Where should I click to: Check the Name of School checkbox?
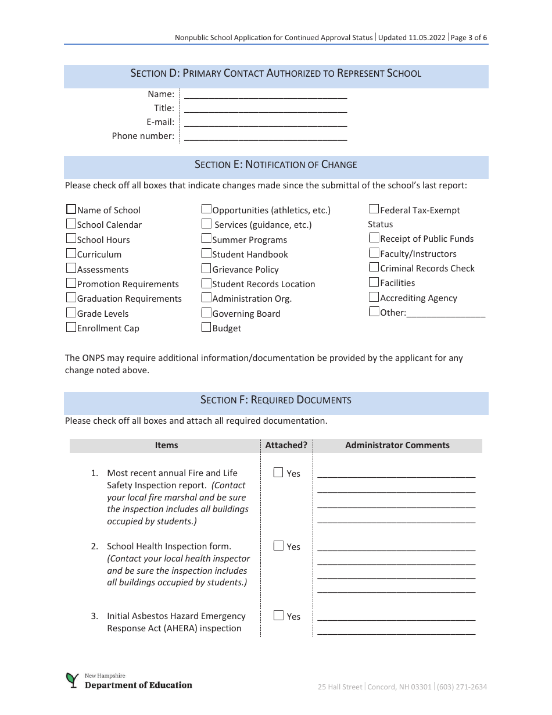tap(71, 209)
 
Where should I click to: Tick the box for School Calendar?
tap(71, 224)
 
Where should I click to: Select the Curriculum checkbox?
tap(71, 253)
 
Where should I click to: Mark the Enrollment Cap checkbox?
tap(71, 327)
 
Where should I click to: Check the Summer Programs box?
tap(206, 238)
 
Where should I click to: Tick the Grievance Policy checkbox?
tap(206, 269)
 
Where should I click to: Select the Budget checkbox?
tap(206, 327)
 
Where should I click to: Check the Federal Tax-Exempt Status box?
tap(374, 209)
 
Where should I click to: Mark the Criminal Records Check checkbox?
tap(374, 267)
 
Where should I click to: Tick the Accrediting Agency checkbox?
tap(374, 297)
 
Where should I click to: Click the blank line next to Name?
tap(265, 94)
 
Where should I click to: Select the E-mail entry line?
tap(265, 122)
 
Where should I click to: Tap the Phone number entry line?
tap(265, 136)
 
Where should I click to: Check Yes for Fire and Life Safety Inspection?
tap(278, 473)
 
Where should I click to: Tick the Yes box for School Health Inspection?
tap(278, 546)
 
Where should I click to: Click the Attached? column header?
tap(286, 445)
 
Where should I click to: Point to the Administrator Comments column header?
tap(397, 445)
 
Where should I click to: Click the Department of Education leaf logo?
tap(72, 680)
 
